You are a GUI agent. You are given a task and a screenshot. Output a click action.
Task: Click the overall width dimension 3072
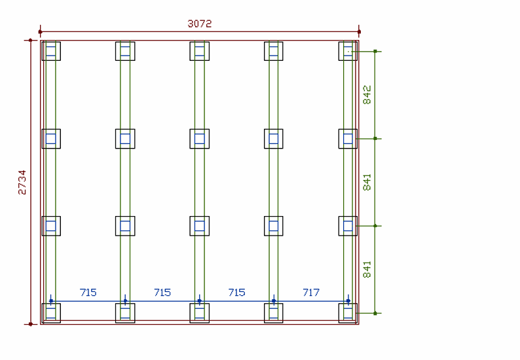(200, 24)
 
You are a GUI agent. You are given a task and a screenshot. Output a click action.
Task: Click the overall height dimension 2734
(22, 182)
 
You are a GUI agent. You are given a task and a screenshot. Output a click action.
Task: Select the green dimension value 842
(367, 94)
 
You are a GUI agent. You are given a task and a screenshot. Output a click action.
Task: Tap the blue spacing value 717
(311, 292)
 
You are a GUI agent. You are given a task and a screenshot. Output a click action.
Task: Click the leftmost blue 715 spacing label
(88, 292)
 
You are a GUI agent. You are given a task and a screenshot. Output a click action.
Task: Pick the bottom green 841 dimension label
(367, 270)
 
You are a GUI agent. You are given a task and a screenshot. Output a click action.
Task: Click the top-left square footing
(51, 51)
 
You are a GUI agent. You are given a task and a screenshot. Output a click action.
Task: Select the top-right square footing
(348, 51)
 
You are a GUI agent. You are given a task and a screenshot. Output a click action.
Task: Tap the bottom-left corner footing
(51, 313)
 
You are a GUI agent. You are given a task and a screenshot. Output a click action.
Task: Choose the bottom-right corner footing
(348, 313)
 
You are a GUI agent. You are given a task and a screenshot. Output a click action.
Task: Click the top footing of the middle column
(200, 51)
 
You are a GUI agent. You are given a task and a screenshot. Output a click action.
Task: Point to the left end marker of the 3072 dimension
(41, 31)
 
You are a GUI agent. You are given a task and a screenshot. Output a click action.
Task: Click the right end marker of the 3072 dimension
(359, 31)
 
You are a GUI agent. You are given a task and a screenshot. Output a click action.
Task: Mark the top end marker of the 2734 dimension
(30, 41)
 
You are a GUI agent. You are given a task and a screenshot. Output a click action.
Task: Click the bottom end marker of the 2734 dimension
(30, 323)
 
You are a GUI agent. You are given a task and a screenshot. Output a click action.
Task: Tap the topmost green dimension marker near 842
(375, 50)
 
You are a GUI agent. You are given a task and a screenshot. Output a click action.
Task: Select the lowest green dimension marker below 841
(375, 313)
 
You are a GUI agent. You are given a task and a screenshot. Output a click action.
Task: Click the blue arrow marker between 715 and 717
(274, 301)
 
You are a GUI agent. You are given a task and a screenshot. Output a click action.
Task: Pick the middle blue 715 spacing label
(162, 292)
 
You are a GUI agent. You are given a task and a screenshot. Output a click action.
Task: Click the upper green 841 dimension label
(367, 182)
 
